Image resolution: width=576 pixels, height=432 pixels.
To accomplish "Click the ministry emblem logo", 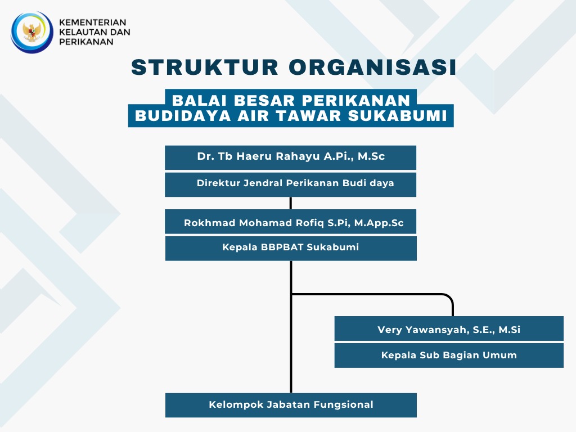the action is pyautogui.click(x=32, y=32).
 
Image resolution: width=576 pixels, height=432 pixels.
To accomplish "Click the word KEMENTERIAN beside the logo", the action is pyautogui.click(x=93, y=22).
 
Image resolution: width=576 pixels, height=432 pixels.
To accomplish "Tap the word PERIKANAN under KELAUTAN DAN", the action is pyautogui.click(x=86, y=42).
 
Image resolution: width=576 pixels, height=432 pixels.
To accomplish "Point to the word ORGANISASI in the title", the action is pyautogui.click(x=372, y=67).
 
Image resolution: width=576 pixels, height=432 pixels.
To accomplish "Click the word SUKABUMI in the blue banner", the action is pyautogui.click(x=398, y=116).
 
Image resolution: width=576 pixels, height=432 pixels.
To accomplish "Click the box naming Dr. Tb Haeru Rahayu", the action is pyautogui.click(x=291, y=157).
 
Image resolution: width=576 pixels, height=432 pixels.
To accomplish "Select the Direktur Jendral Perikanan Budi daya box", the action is pyautogui.click(x=291, y=184).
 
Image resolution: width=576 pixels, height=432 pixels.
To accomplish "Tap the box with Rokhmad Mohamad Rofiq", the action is pyautogui.click(x=291, y=222).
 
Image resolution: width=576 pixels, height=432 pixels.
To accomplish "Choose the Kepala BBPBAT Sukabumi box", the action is pyautogui.click(x=291, y=248).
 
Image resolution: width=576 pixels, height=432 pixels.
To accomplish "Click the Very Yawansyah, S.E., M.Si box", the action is pyautogui.click(x=449, y=328).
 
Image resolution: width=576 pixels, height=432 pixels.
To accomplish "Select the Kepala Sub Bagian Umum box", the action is pyautogui.click(x=449, y=355).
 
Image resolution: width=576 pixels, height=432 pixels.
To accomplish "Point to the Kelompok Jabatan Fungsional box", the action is pyautogui.click(x=291, y=405).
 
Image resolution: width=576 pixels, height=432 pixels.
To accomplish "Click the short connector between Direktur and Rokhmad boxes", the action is pyautogui.click(x=291, y=203).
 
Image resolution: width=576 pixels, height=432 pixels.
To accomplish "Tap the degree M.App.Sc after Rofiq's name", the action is pyautogui.click(x=379, y=223).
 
